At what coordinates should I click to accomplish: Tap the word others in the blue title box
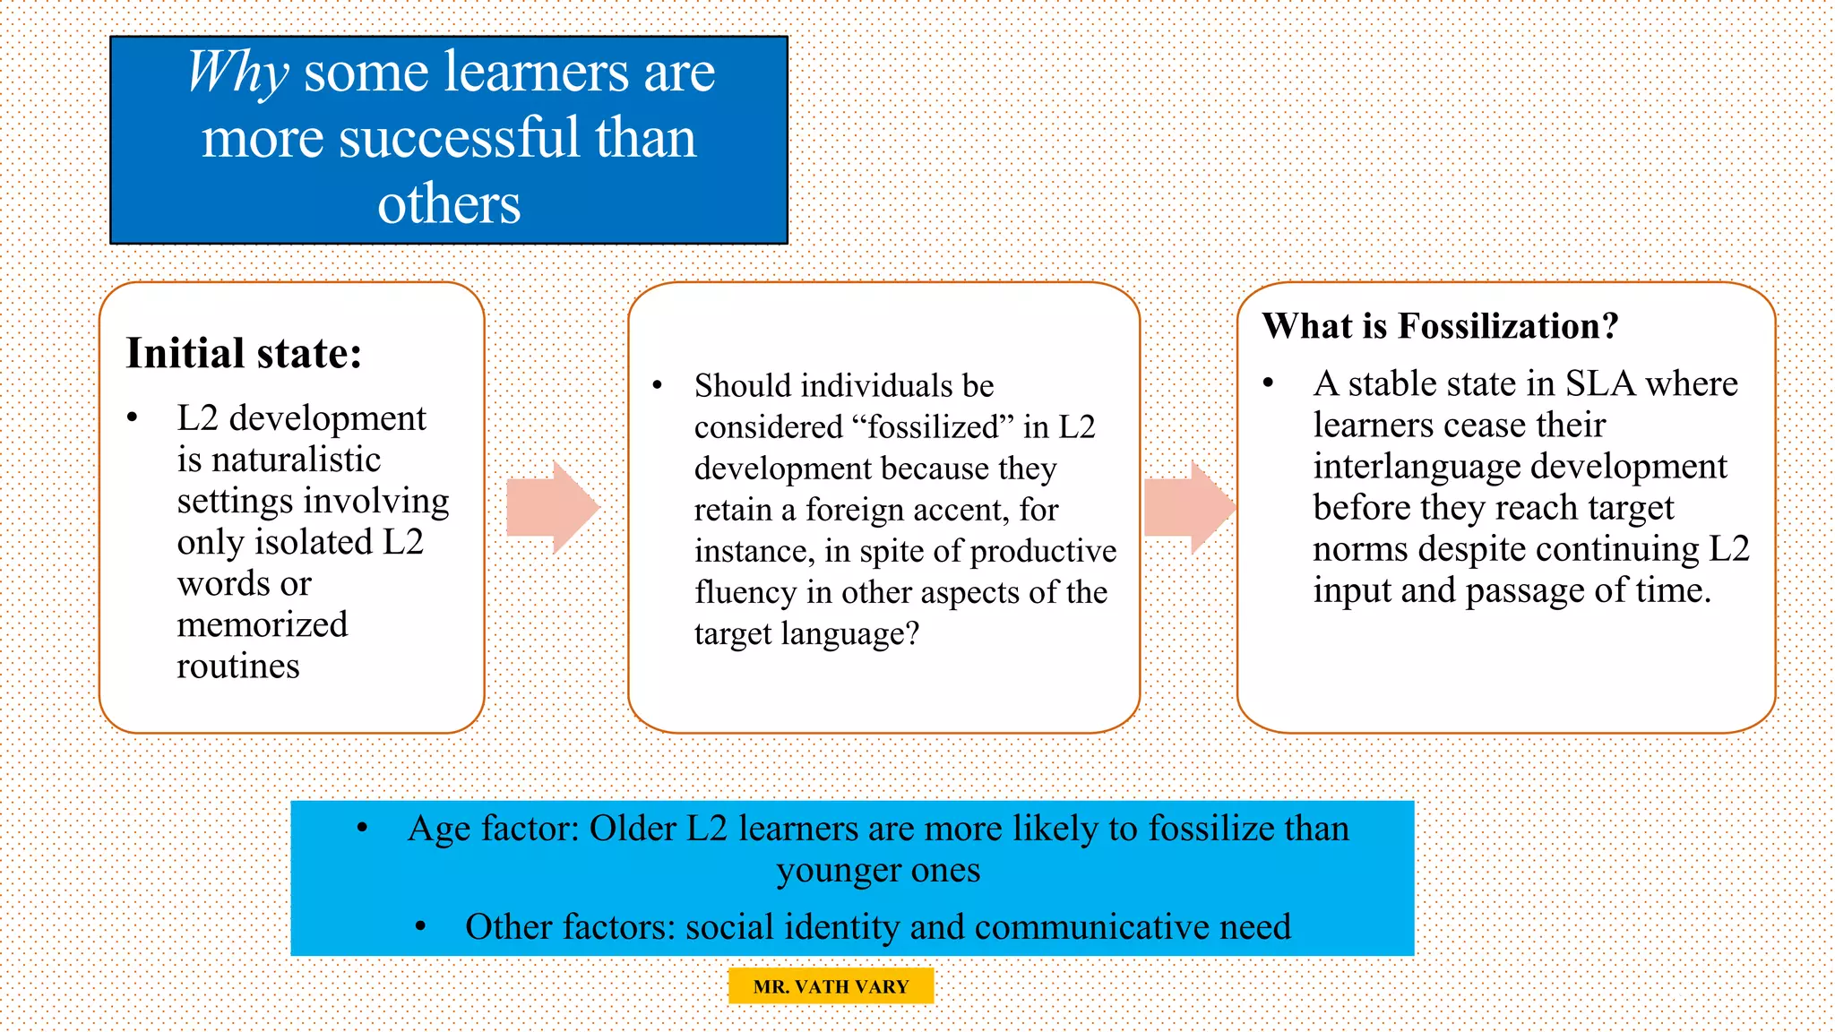click(449, 204)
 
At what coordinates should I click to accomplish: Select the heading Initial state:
click(244, 353)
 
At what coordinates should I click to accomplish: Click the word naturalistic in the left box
click(279, 460)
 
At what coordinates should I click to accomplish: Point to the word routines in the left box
click(238, 666)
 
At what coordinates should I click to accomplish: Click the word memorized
click(263, 625)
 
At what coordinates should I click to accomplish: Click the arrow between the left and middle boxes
click(551, 507)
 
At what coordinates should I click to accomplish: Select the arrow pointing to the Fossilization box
click(1188, 507)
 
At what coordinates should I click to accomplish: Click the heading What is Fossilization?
click(1440, 326)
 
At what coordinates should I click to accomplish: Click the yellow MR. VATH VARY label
click(831, 986)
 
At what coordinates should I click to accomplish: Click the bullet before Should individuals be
click(657, 386)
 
